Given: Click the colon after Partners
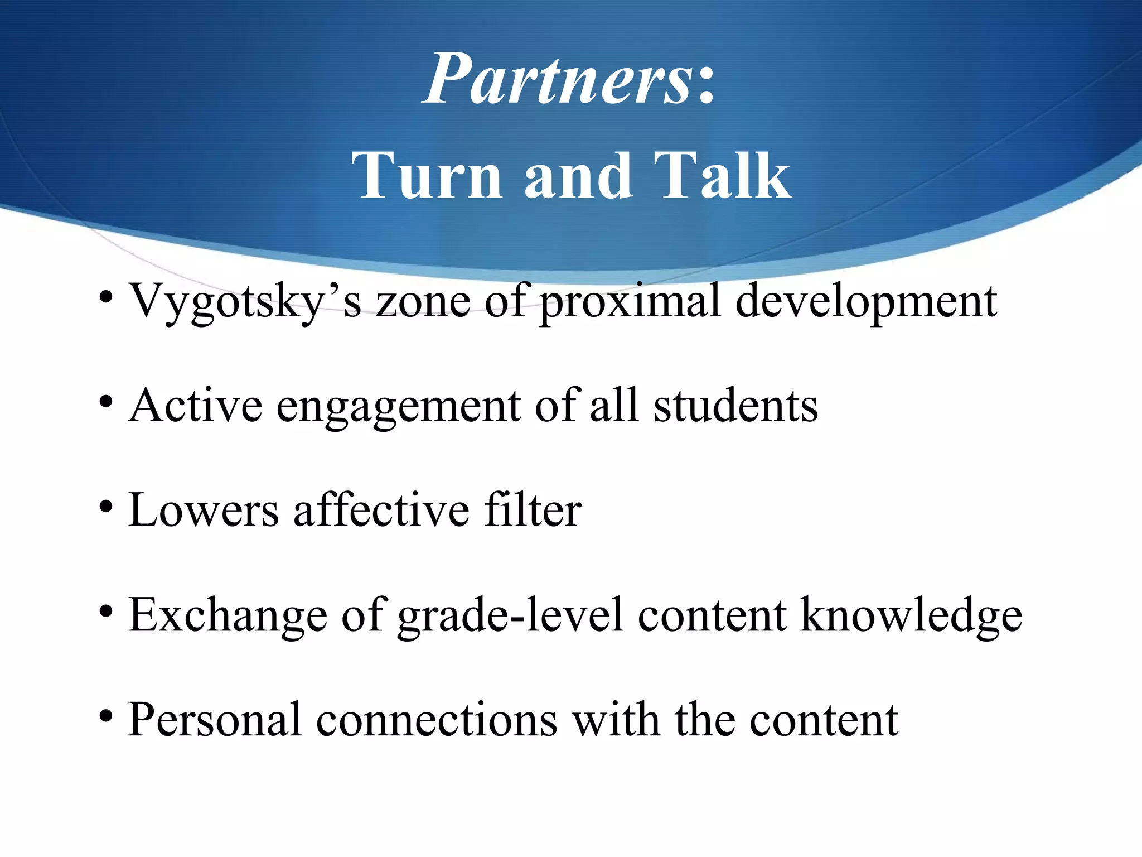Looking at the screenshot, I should coord(706,86).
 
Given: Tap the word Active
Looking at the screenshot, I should coord(195,406).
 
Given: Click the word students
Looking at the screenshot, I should coord(735,406).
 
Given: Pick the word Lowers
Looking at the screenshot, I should coord(204,510).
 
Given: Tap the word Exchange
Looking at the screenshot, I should coord(228,616).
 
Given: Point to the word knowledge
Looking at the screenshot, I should coord(911,616).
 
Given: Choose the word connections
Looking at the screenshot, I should coord(437,720).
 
